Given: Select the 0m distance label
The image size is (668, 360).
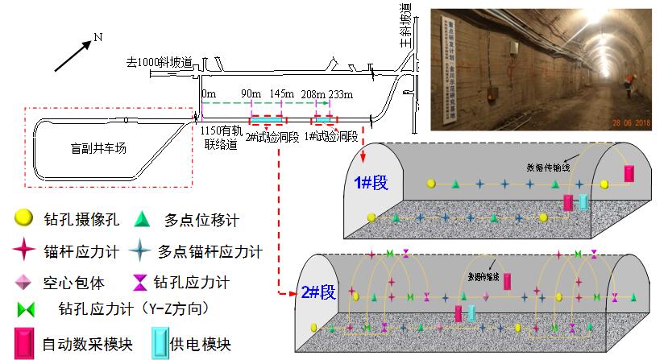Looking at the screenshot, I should pos(209,94).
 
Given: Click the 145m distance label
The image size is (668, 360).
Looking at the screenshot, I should pos(283,94).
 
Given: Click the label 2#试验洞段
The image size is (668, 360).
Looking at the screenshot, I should pos(274,137).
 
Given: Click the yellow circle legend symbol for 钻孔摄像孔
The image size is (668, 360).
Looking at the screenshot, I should pos(24,218).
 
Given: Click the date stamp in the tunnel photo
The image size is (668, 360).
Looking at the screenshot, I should pos(632,122).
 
